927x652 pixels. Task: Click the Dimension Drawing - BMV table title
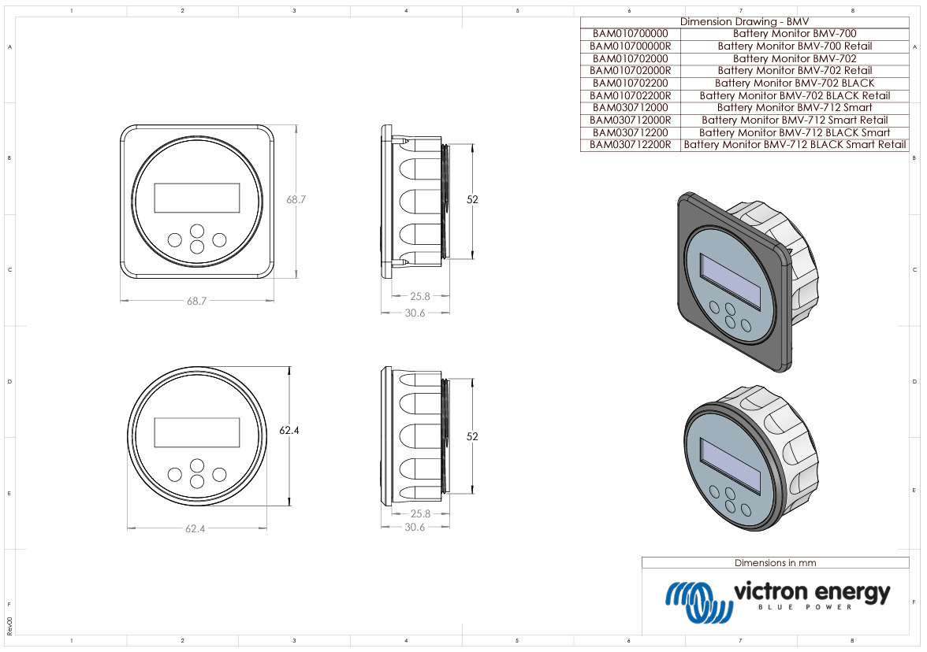click(743, 22)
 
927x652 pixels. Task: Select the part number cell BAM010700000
click(630, 34)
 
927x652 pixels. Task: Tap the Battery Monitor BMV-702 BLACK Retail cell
click(795, 95)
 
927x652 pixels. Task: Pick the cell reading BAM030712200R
click(630, 145)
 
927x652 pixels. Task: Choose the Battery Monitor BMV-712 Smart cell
click(795, 108)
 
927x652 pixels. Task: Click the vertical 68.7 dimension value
click(296, 200)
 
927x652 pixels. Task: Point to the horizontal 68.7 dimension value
click(196, 302)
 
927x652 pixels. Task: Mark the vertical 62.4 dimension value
click(289, 431)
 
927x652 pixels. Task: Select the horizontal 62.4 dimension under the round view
click(195, 529)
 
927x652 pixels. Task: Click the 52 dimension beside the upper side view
click(472, 200)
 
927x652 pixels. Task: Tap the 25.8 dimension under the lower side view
click(420, 514)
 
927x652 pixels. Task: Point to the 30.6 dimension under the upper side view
click(415, 313)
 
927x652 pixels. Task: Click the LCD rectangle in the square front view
click(197, 198)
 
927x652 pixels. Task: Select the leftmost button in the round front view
click(174, 475)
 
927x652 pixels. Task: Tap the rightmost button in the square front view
click(219, 239)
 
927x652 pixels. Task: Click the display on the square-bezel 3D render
click(731, 281)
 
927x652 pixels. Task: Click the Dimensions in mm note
click(775, 563)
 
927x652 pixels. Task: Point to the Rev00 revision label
click(9, 626)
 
